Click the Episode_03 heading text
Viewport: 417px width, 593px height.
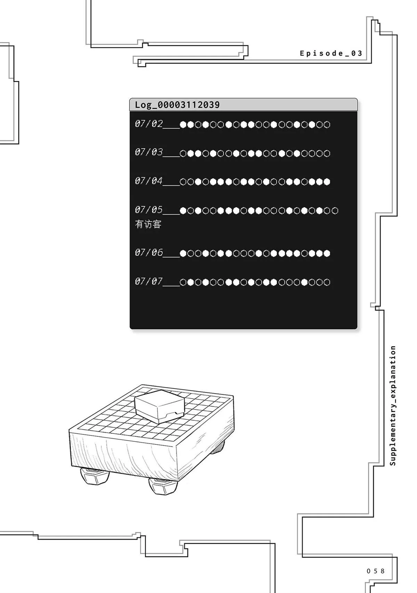331,54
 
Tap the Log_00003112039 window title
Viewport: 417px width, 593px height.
177,105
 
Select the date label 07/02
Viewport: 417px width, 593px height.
149,123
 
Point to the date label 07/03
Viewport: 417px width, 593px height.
149,152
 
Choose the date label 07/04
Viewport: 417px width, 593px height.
149,181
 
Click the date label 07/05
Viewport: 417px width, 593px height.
149,210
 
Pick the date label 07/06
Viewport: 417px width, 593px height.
149,252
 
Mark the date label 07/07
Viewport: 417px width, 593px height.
149,281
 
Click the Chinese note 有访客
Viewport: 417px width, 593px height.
148,224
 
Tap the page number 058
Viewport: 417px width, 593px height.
375,571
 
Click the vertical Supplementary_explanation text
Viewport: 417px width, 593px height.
393,406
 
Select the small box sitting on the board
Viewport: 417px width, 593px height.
159,406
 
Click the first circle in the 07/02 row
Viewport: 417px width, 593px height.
183,125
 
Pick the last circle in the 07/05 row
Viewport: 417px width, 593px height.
335,211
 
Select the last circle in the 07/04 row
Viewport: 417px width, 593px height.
327,182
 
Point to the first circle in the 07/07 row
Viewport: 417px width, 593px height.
183,282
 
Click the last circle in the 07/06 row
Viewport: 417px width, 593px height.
327,254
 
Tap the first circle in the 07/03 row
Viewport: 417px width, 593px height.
183,153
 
